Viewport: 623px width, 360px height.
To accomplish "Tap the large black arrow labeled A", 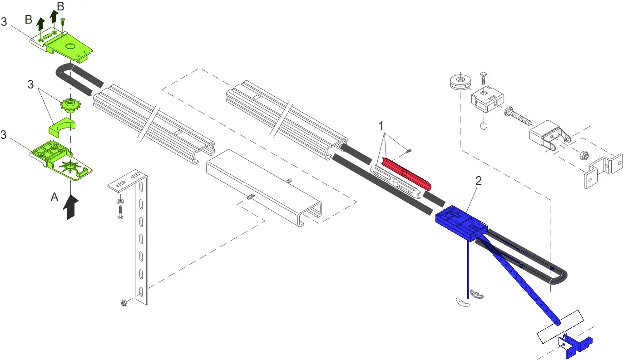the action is coord(71,207).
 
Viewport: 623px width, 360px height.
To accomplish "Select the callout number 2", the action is coord(479,181).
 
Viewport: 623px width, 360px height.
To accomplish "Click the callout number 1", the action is coord(381,126).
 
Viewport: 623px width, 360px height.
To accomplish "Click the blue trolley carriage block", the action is coord(460,222).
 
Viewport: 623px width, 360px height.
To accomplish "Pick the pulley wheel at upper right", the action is coord(460,82).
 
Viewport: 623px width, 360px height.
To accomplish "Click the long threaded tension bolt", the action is coord(518,117).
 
